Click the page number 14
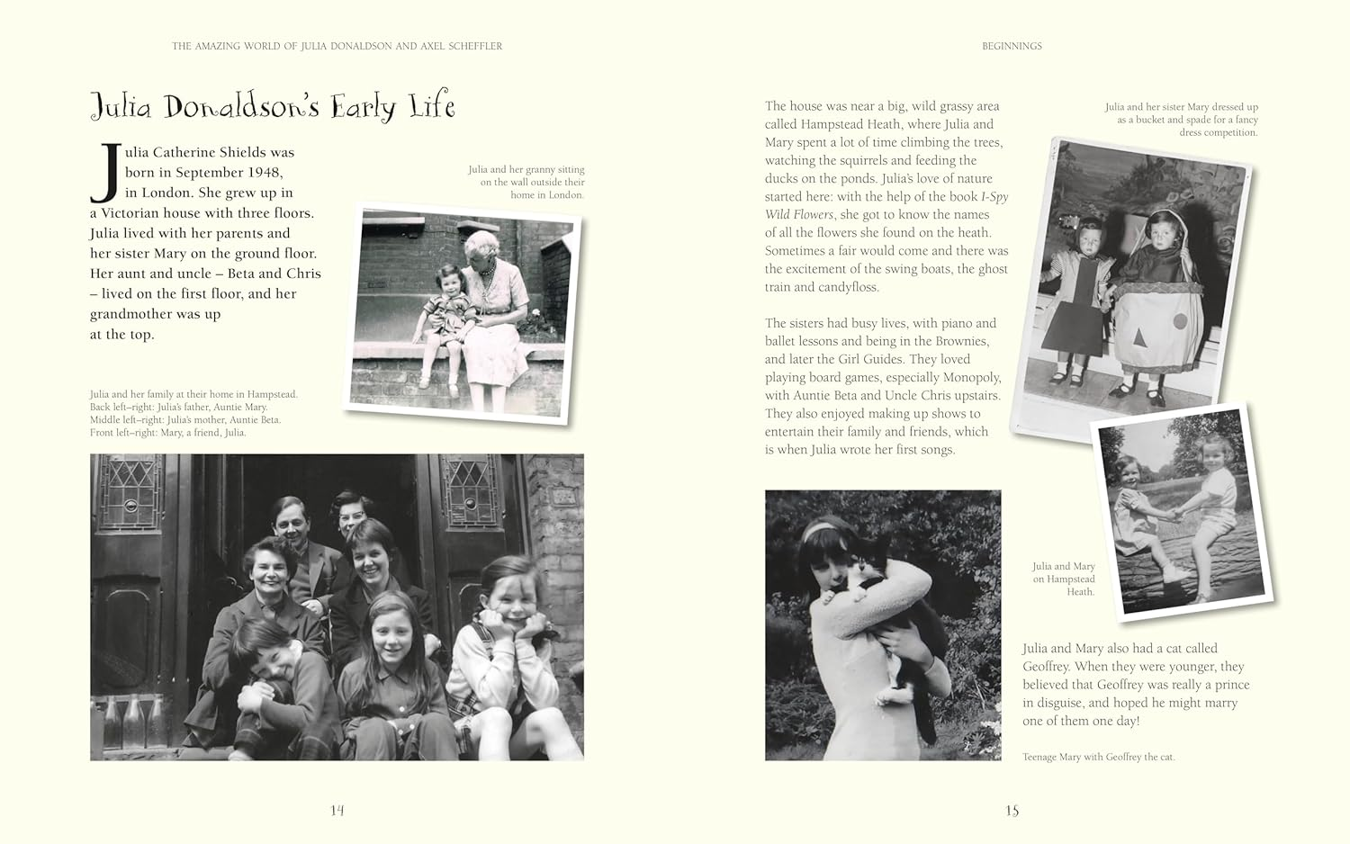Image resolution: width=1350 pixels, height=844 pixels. [x=337, y=810]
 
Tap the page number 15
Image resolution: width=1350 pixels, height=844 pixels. [x=1012, y=810]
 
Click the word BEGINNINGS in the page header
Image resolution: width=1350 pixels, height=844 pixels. [x=1012, y=46]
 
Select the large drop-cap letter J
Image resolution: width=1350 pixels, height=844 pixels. [x=106, y=173]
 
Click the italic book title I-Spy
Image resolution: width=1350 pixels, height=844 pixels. [x=994, y=196]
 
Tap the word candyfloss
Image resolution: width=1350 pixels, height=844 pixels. [x=849, y=287]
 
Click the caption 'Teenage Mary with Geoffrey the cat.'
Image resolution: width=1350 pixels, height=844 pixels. [x=1098, y=757]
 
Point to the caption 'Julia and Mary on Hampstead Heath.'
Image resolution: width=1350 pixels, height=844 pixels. [x=1065, y=579]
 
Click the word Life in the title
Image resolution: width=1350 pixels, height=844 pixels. [x=429, y=107]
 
